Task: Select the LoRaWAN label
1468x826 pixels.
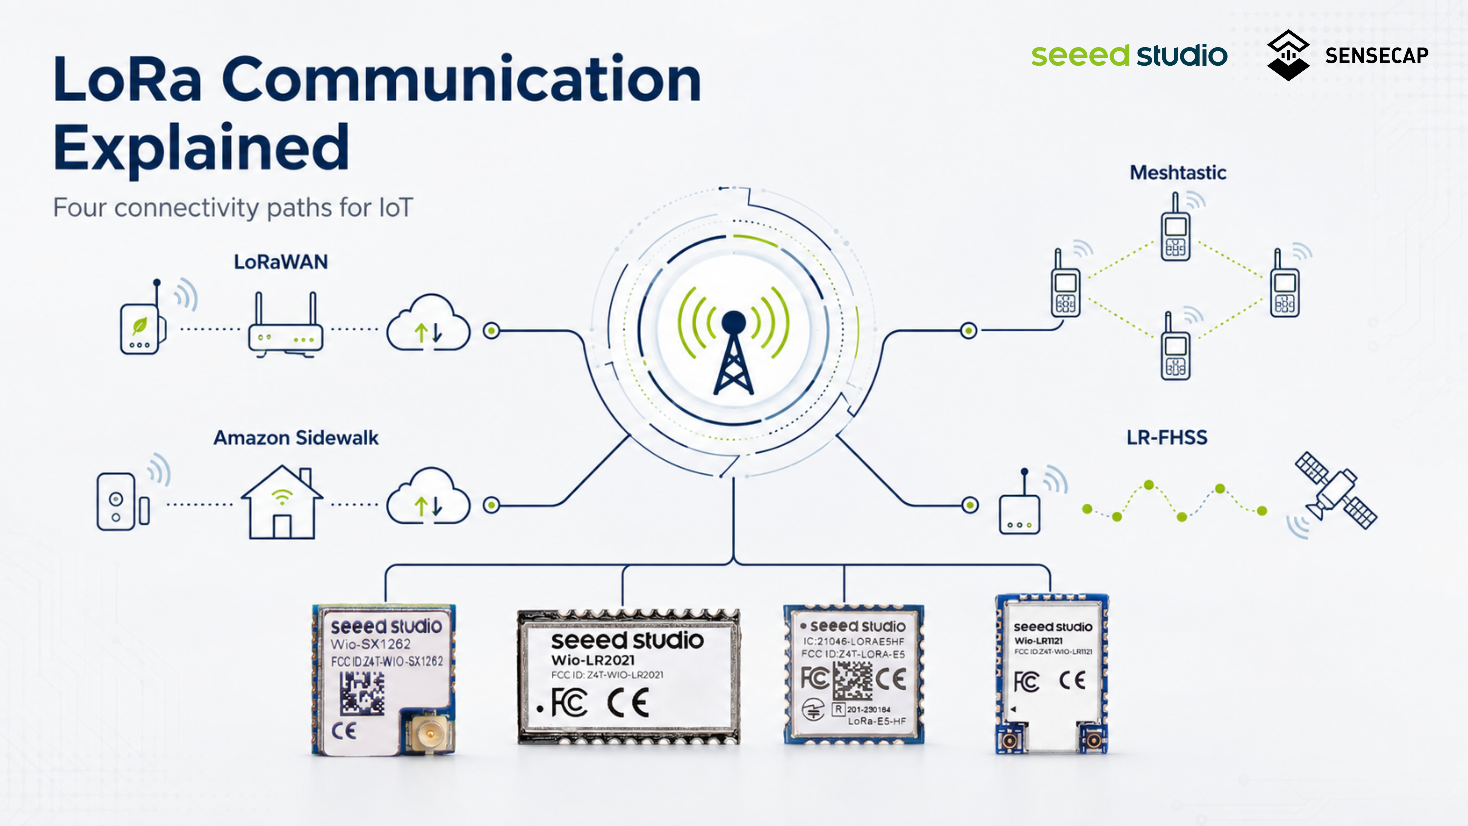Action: point(281,262)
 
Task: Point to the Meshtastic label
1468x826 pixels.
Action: point(1178,172)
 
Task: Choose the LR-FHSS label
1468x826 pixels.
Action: point(1166,437)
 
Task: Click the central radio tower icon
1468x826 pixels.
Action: point(734,342)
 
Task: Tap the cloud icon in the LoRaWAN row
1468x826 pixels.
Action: point(428,322)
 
